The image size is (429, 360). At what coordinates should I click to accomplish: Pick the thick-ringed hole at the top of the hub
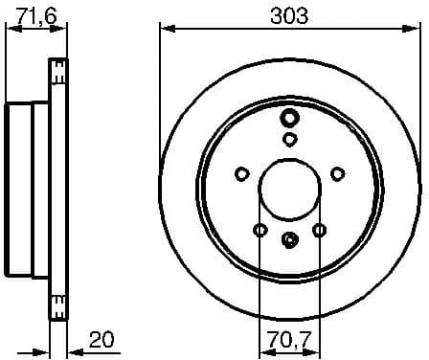coord(289,119)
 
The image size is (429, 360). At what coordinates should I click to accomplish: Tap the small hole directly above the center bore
coord(289,140)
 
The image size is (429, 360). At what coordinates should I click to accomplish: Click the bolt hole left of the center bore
coord(241,173)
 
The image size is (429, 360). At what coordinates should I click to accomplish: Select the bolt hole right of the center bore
coord(337,173)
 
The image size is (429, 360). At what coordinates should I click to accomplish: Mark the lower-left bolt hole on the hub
coord(260,229)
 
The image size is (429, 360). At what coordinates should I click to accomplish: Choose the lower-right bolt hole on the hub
coord(319,229)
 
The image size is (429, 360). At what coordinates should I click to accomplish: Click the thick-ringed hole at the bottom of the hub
coord(289,239)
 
